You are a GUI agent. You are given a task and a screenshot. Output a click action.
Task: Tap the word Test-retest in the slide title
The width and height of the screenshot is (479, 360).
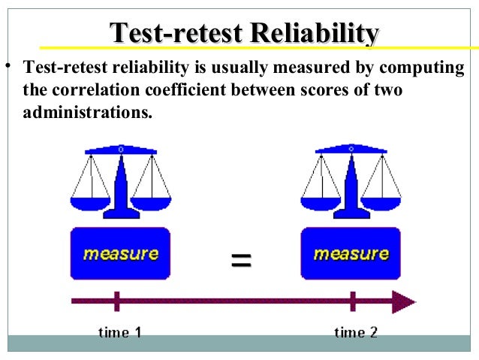click(176, 33)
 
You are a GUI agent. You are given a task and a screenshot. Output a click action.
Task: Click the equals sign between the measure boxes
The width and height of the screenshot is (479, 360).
click(240, 261)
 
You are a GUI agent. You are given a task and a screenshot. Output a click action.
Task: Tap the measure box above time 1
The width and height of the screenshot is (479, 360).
click(120, 254)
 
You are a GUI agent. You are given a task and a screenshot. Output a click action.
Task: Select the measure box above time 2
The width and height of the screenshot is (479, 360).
click(351, 254)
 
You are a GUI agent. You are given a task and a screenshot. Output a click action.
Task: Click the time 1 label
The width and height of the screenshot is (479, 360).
click(120, 331)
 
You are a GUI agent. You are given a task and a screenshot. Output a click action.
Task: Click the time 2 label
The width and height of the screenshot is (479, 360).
click(355, 331)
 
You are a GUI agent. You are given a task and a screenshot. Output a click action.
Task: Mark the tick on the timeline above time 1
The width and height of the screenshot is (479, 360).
click(116, 301)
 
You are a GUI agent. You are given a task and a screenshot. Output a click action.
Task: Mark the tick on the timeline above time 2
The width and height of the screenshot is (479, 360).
click(352, 301)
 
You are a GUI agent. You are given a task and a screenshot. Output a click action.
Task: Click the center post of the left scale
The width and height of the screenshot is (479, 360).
click(121, 188)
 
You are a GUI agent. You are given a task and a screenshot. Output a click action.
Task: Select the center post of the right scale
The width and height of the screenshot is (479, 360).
click(351, 188)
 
